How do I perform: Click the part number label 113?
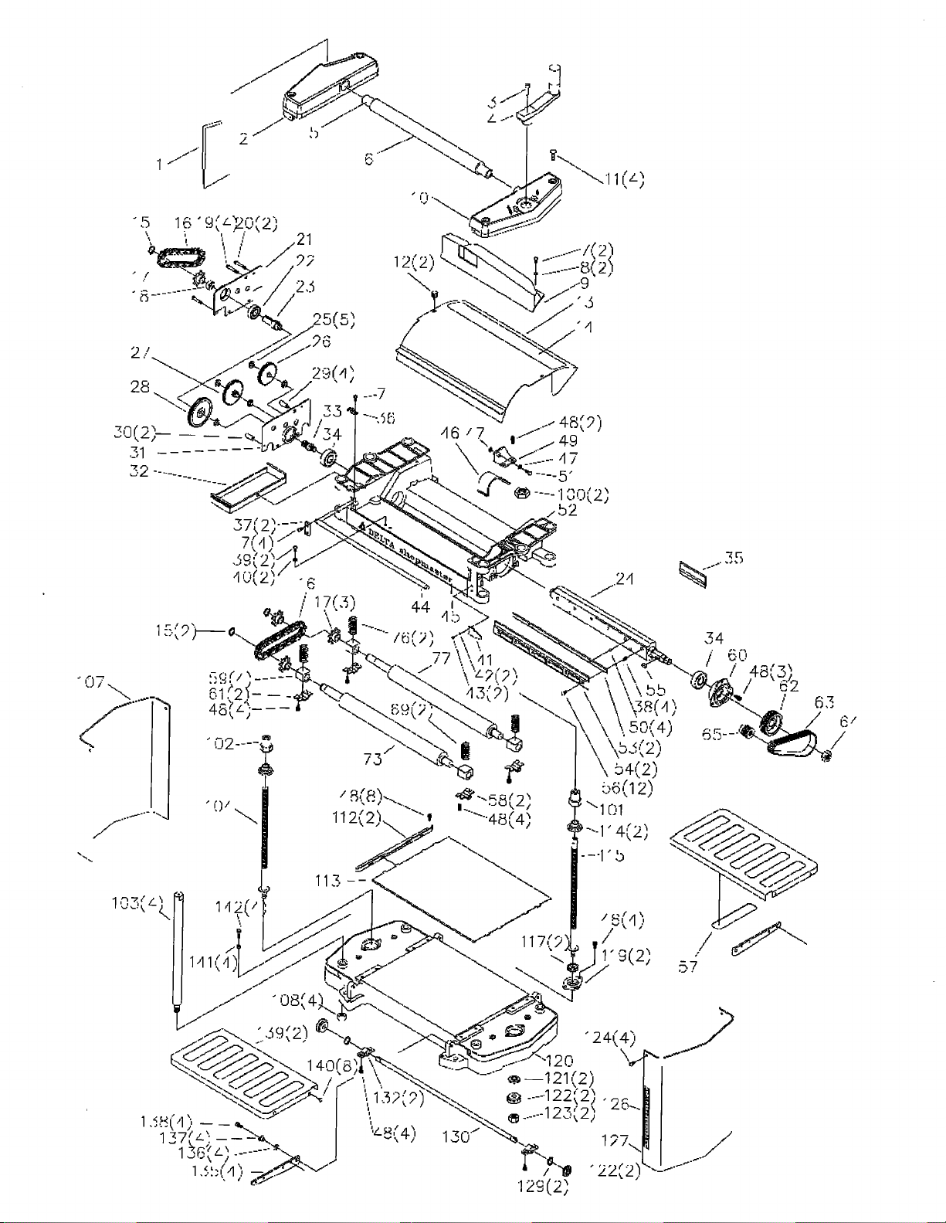[x=328, y=881]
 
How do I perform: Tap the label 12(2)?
[x=413, y=262]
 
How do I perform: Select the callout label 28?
[x=140, y=386]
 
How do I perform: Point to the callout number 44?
[x=420, y=606]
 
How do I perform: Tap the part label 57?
[x=687, y=967]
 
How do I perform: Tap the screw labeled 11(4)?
[x=554, y=152]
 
